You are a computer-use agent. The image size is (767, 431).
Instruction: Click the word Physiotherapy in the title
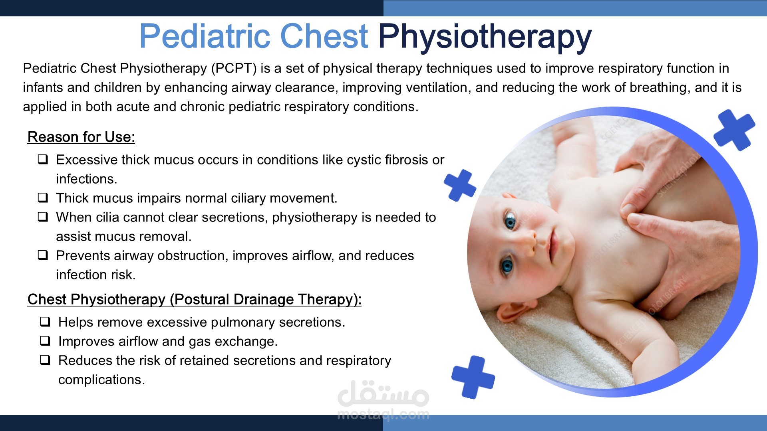tap(485, 37)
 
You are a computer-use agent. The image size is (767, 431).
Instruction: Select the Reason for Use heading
tap(81, 137)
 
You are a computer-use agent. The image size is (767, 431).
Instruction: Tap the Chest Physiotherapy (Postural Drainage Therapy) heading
tap(194, 299)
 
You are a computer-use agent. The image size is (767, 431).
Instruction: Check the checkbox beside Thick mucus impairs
tap(43, 198)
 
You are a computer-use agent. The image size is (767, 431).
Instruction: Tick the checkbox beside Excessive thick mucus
tap(43, 159)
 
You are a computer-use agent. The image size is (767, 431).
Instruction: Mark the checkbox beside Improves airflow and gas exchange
tap(45, 341)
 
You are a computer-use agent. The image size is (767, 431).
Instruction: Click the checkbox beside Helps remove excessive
tap(45, 322)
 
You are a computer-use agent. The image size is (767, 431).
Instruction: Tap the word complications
tap(101, 380)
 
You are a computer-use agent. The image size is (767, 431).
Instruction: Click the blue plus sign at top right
tap(734, 130)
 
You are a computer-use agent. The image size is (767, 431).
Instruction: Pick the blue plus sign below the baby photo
tap(473, 377)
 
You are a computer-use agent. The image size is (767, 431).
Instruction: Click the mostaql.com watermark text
tap(383, 415)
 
